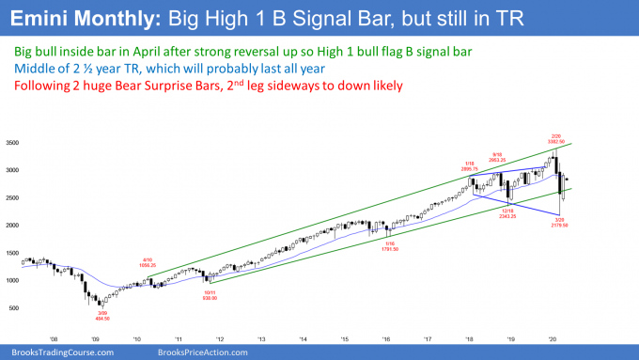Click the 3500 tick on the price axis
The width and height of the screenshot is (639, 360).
click(14, 143)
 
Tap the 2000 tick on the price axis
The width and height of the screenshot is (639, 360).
click(14, 226)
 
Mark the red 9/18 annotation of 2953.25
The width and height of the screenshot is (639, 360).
click(515, 157)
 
